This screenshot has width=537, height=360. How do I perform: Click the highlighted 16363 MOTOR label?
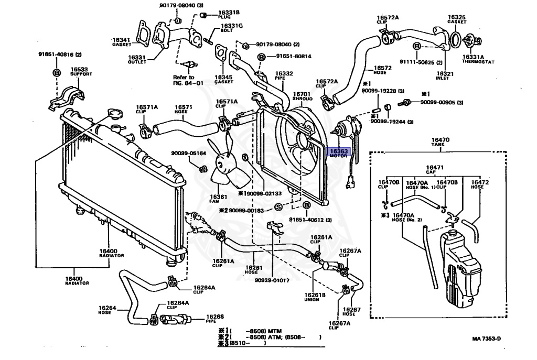coord(338,153)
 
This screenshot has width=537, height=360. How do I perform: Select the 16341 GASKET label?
coord(121,42)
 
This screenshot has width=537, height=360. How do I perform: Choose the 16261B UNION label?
coord(315,298)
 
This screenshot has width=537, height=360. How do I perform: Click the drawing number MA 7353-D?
coord(482,339)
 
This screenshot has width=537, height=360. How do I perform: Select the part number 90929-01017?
coord(273,280)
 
